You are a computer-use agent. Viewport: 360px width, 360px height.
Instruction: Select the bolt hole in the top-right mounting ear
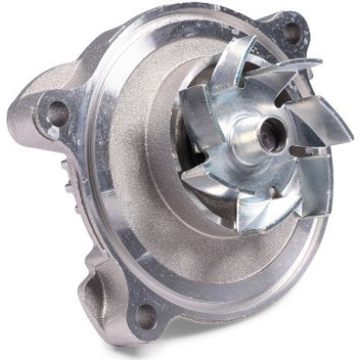292,30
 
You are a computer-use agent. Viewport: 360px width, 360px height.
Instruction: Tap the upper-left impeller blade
201,98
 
